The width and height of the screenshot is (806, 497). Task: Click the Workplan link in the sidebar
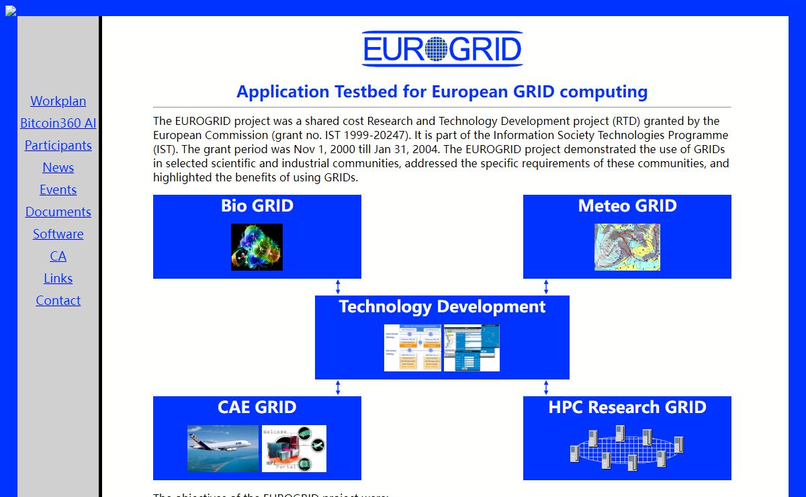[58, 101]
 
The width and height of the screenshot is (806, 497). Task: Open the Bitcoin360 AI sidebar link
[58, 123]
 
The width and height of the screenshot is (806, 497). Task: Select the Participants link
[58, 145]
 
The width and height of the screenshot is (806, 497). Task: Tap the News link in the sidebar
[58, 167]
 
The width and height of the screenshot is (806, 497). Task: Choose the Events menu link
[58, 189]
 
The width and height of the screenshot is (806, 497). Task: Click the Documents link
[58, 212]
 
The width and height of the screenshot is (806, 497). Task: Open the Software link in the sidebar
[58, 234]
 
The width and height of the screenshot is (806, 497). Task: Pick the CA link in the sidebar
[58, 256]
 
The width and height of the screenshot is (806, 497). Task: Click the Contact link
[58, 300]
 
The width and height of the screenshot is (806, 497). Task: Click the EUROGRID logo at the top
[442, 49]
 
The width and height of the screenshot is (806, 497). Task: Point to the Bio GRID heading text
[257, 206]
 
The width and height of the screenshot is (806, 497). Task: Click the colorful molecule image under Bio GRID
[257, 247]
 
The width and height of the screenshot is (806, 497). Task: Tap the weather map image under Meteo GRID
[627, 247]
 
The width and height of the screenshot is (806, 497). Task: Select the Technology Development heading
[442, 306]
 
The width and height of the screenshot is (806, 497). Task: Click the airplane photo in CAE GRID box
[222, 448]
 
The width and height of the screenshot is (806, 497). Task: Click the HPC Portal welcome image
[294, 448]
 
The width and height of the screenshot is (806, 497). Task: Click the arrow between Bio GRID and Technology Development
[338, 287]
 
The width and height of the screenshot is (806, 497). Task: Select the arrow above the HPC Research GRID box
[546, 388]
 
